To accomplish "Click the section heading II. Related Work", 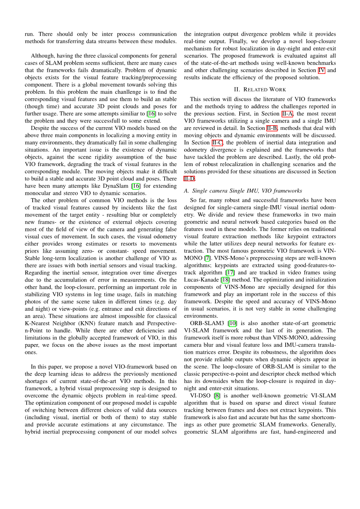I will [x=260, y=89].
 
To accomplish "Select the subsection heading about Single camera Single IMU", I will [x=243, y=191].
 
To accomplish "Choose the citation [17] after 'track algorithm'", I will [x=230, y=273].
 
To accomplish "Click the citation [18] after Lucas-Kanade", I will [x=225, y=280].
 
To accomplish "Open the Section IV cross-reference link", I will [x=321, y=70].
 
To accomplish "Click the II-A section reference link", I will [x=287, y=114].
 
